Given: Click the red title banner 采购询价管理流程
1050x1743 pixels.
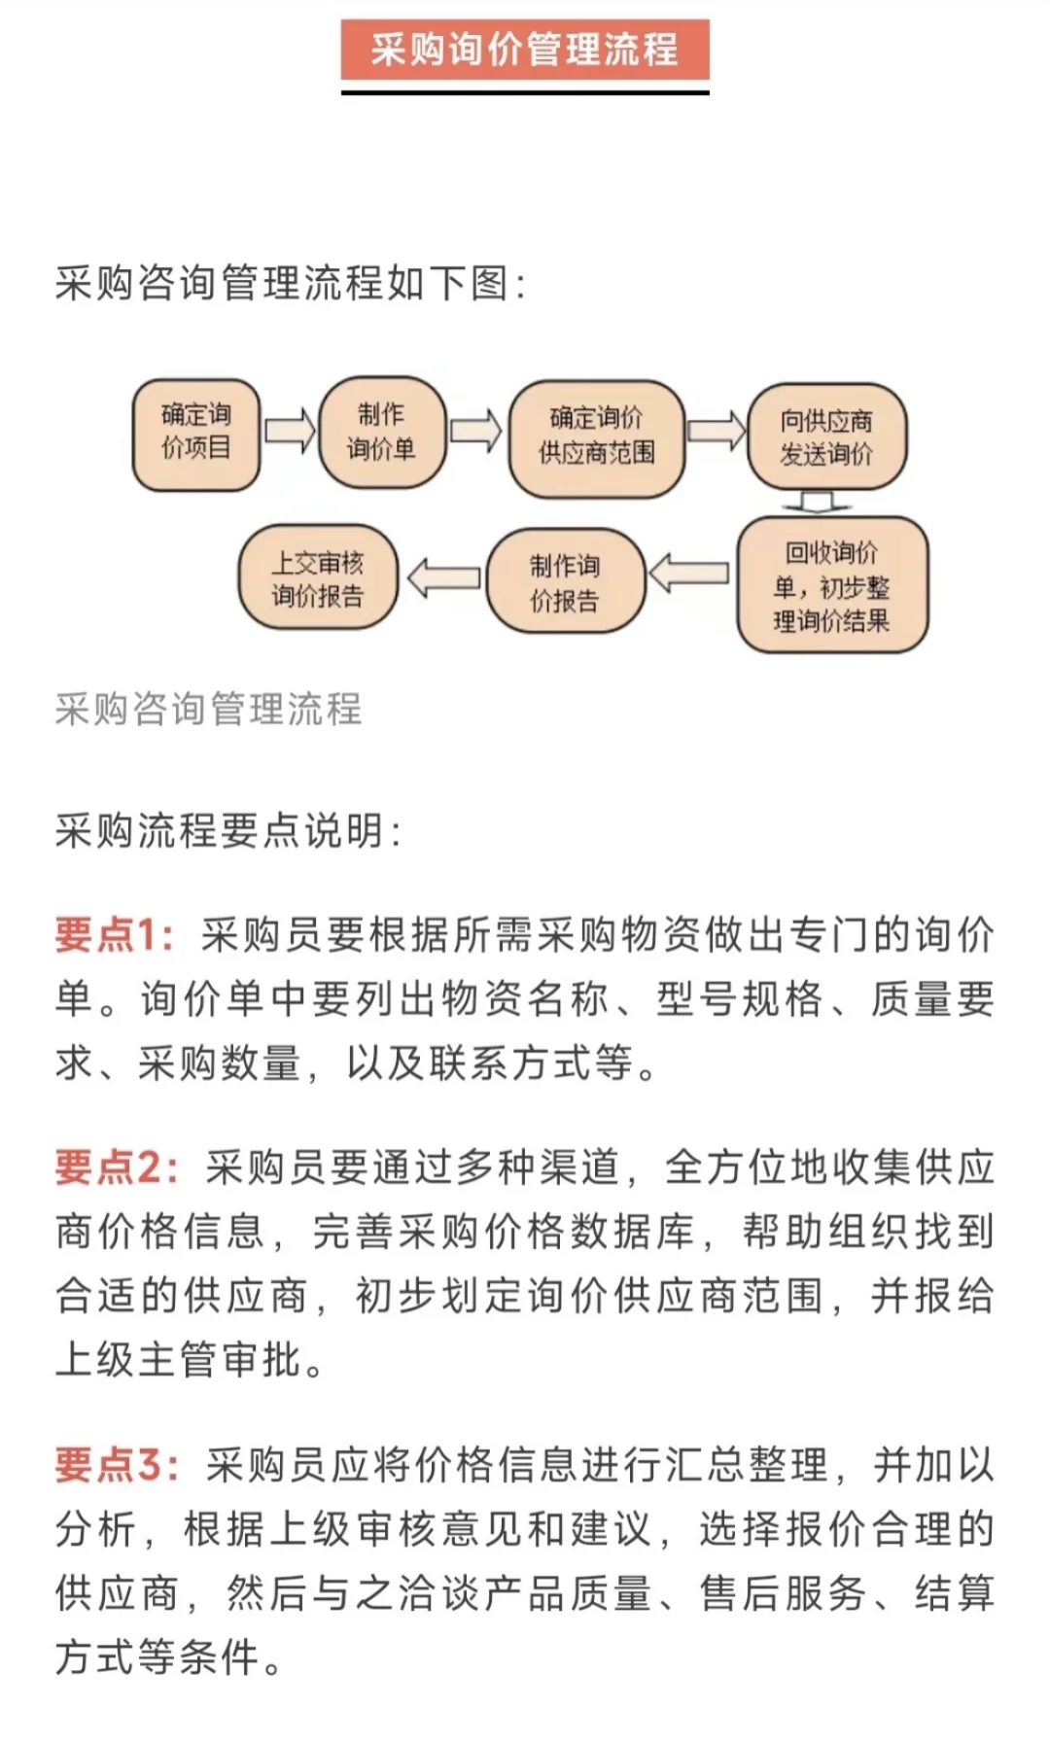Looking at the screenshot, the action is pos(524,49).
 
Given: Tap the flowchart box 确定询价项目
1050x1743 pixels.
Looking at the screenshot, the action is pos(195,433).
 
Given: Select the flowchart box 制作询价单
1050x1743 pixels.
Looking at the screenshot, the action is pos(381,433).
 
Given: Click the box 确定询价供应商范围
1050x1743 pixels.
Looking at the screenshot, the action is pos(596,436).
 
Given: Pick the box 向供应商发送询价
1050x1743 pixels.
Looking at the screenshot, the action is pos(826,437).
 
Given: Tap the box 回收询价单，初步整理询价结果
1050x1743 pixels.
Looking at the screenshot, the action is pos(831,585).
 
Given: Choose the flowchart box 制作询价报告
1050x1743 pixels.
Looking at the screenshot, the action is pos(565,581).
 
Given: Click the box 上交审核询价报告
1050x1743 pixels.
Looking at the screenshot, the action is pos(318,578).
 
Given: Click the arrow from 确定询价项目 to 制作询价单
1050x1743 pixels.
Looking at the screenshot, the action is pos(290,431).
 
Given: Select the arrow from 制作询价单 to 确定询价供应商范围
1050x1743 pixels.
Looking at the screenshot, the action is pos(475,431).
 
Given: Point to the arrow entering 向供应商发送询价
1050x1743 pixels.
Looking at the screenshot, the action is pos(716,431).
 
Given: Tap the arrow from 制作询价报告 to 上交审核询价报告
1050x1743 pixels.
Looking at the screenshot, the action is pos(443,578).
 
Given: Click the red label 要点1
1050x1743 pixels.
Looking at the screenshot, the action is pos(113,935).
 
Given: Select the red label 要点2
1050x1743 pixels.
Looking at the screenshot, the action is pos(116,1168).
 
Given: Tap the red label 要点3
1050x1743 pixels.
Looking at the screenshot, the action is pos(116,1465).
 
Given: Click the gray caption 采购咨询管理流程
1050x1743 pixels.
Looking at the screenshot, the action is pos(208,709).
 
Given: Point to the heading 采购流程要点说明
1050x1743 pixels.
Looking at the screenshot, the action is pos(227,831).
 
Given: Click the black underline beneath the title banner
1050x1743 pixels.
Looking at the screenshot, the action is pos(524,92).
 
